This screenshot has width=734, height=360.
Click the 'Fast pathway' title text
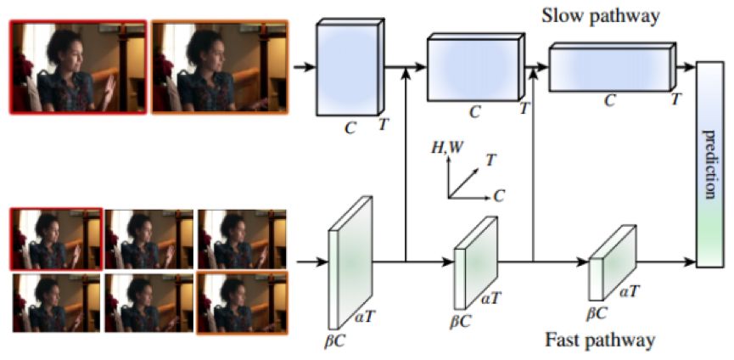click(601, 340)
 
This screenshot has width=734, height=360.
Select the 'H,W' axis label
click(446, 149)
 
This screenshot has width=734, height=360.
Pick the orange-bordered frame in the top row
click(219, 67)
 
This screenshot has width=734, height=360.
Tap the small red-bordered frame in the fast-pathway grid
click(57, 239)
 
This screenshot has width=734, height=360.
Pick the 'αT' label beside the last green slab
click(629, 290)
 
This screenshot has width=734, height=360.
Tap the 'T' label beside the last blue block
click(675, 101)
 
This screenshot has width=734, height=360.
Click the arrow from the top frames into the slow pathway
click(300, 65)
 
